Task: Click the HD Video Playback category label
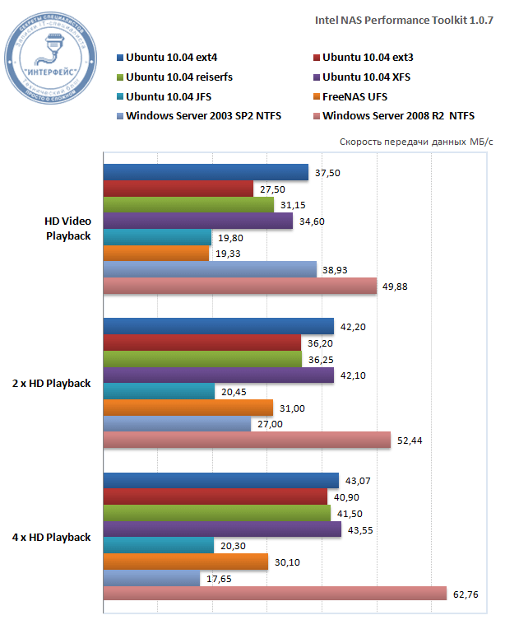click(68, 228)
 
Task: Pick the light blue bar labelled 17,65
click(151, 578)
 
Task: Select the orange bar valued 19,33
click(156, 253)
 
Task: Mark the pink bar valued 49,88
click(239, 286)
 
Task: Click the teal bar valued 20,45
click(159, 391)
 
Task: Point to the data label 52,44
click(410, 441)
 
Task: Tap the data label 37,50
click(328, 172)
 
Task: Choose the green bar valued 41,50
click(217, 513)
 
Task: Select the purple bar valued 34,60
click(198, 221)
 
